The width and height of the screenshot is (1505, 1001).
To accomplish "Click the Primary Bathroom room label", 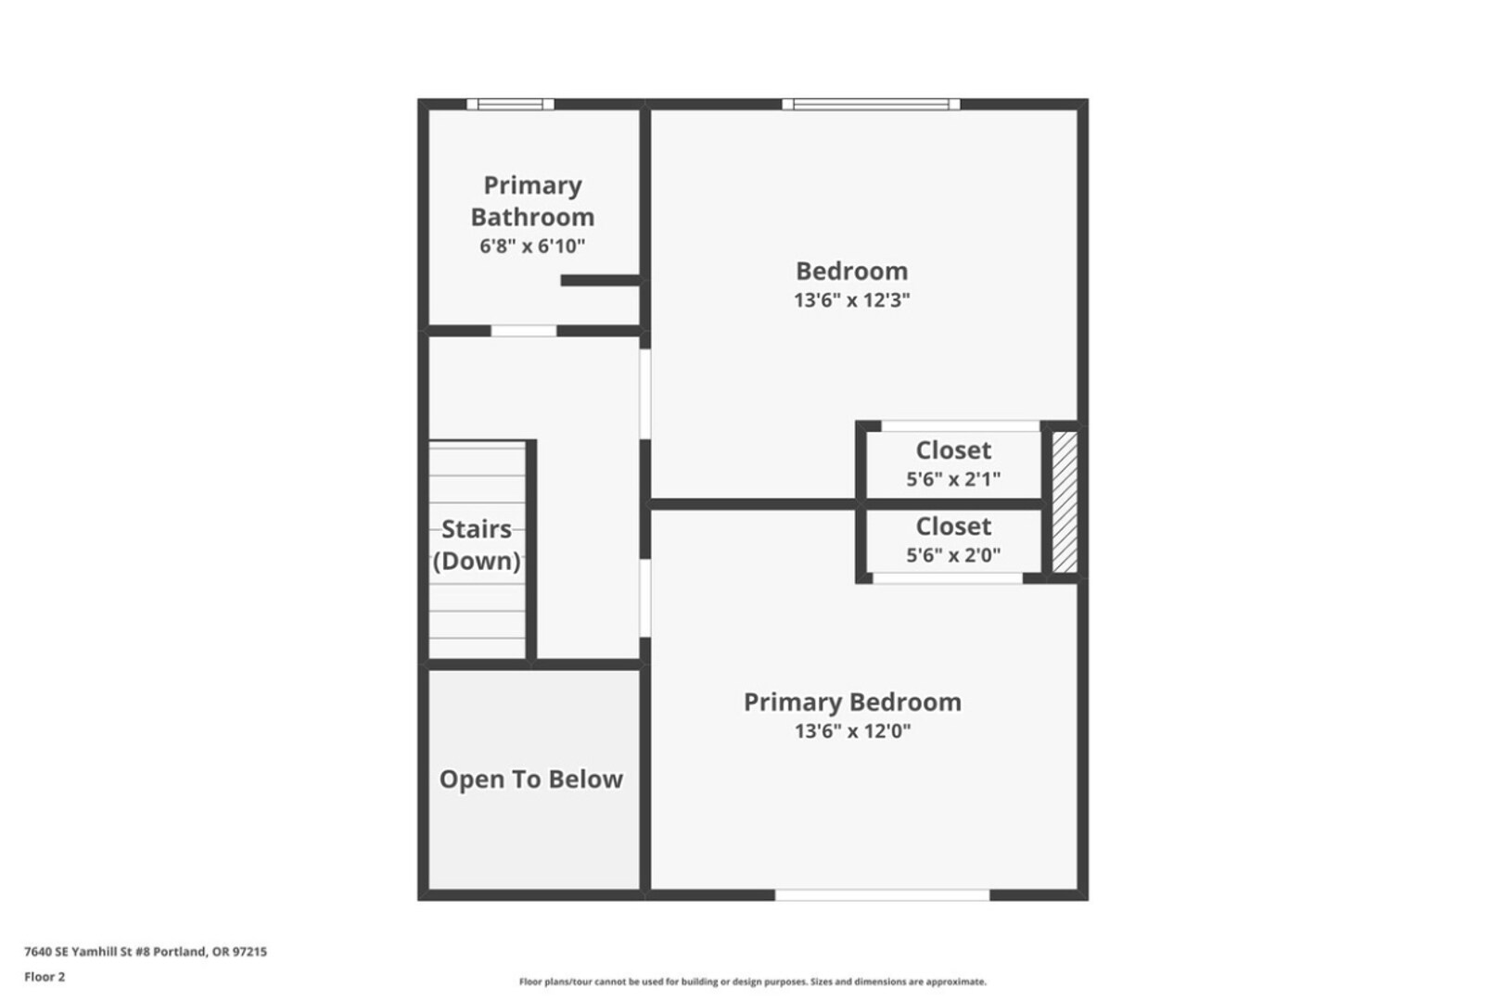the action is click(532, 201).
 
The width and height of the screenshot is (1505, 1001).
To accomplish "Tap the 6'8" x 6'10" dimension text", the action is click(532, 247).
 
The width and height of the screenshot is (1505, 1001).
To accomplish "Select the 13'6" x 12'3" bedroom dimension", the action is click(852, 300).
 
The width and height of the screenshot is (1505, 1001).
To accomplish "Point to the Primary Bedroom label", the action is click(852, 703).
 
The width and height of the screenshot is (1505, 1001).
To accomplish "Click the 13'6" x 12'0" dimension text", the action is click(852, 730).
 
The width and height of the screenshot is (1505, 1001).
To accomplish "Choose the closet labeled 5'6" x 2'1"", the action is click(953, 463).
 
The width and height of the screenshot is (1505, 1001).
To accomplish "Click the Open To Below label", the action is click(530, 779).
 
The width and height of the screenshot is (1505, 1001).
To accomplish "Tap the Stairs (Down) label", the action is click(477, 544).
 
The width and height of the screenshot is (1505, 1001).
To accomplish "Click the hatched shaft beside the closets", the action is click(1065, 502).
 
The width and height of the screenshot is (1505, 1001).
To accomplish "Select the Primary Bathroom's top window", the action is click(511, 104).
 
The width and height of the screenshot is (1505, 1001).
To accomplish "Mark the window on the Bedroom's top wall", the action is click(871, 104).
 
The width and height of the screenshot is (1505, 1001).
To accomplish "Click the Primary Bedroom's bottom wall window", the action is click(882, 895).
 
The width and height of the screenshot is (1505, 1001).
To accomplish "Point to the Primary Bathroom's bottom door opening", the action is click(523, 331).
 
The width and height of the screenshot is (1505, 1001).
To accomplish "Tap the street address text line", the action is click(146, 951).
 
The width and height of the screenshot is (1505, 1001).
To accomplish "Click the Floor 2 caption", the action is click(45, 977).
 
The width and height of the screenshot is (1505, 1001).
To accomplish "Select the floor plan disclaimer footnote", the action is click(753, 982).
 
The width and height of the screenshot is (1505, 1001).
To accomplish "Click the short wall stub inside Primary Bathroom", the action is click(601, 281).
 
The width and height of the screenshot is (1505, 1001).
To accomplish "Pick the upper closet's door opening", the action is click(960, 426).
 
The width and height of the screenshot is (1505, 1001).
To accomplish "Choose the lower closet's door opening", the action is click(948, 578).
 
